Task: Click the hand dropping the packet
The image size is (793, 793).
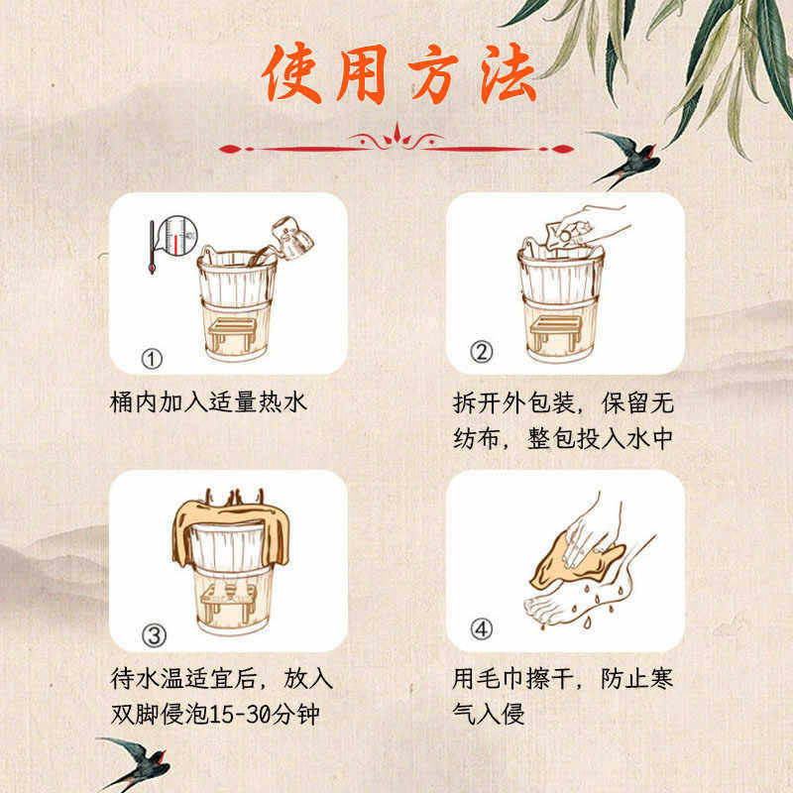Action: [x=585, y=223]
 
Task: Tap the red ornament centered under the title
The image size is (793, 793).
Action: [x=396, y=144]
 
